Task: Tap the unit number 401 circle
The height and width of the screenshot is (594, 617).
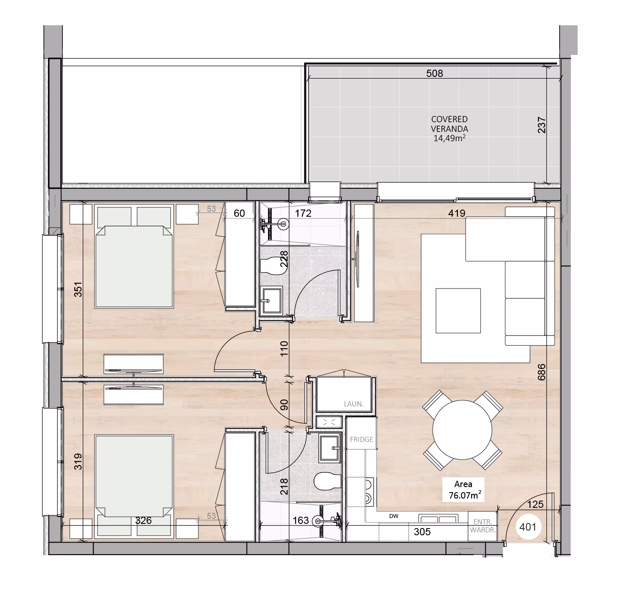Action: pyautogui.click(x=528, y=527)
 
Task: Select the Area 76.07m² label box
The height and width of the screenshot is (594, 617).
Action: pyautogui.click(x=463, y=490)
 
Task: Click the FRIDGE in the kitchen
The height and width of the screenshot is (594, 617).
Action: pyautogui.click(x=361, y=439)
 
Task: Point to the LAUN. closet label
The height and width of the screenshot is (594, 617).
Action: pyautogui.click(x=354, y=404)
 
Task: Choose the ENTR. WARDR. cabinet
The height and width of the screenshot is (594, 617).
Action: pyautogui.click(x=482, y=526)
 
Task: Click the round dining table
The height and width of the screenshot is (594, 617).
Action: pyautogui.click(x=462, y=430)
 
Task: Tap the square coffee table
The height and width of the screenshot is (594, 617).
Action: pyautogui.click(x=458, y=311)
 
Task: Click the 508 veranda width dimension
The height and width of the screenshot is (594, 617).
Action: pyautogui.click(x=434, y=74)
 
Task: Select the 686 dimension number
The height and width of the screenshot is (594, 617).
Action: pyautogui.click(x=541, y=372)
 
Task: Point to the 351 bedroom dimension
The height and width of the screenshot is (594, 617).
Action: pyautogui.click(x=78, y=289)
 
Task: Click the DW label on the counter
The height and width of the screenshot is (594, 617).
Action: pyautogui.click(x=393, y=516)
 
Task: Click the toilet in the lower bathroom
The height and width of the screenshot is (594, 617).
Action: pyautogui.click(x=327, y=481)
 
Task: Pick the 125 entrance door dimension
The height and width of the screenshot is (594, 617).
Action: pyautogui.click(x=535, y=504)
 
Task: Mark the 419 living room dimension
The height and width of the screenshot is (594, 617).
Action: pyautogui.click(x=457, y=213)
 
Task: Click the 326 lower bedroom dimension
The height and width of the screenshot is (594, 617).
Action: pyautogui.click(x=143, y=520)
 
